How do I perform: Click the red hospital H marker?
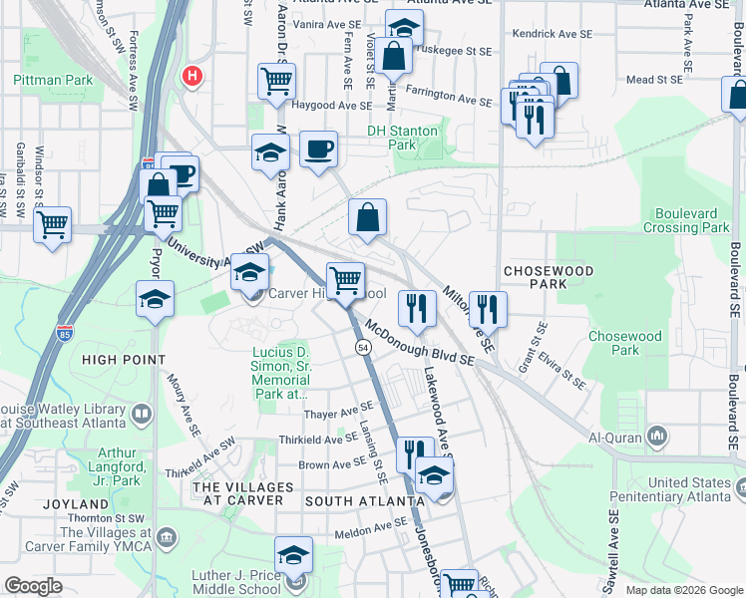(191, 75)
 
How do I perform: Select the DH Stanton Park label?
(402, 138)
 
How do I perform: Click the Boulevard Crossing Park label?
(692, 220)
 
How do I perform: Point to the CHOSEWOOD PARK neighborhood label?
(548, 277)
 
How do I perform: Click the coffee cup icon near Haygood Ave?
(318, 150)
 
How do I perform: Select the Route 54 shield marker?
(364, 346)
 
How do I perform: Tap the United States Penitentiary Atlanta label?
(688, 490)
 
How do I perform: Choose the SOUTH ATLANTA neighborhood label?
(359, 500)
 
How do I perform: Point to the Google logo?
(34, 586)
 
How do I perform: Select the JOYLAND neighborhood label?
(75, 505)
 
